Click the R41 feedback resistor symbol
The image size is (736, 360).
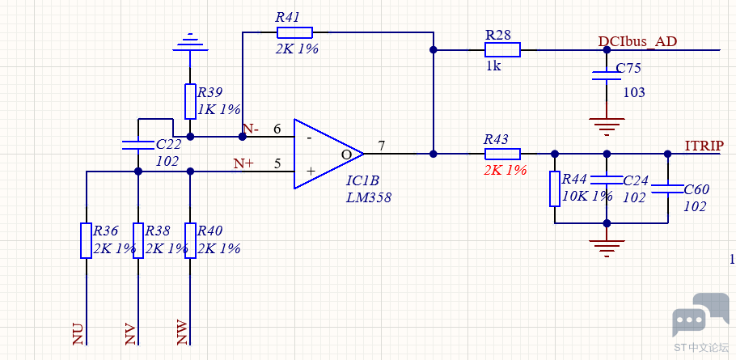(294, 32)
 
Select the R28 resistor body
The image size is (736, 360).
(502, 49)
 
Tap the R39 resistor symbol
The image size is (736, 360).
(190, 101)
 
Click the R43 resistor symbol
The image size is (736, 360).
(502, 154)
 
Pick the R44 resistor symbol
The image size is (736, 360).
(555, 188)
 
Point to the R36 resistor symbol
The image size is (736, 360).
(86, 240)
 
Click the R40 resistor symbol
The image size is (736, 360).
(190, 240)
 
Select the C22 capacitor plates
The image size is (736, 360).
(138, 145)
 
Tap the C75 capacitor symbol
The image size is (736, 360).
(607, 75)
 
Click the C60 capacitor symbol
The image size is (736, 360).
(667, 188)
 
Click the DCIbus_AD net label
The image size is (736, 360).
(637, 41)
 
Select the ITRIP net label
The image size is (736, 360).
(704, 146)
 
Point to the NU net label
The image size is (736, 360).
(78, 334)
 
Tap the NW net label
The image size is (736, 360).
(182, 333)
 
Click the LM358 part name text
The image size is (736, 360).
(369, 197)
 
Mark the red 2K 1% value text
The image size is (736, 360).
(505, 170)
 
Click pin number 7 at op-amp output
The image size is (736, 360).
(382, 146)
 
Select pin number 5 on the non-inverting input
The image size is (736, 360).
(277, 163)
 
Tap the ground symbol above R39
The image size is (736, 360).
(190, 42)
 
